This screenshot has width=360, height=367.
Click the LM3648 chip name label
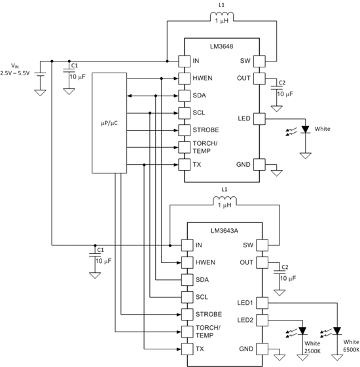coord(222,46)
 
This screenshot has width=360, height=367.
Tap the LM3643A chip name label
coord(225,231)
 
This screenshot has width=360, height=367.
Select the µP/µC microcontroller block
coord(109,123)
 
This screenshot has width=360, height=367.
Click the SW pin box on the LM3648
coord(259,61)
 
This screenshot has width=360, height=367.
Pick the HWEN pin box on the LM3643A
coord(187,262)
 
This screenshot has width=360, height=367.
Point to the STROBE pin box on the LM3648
coord(185,130)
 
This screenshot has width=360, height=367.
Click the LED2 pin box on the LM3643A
coord(262,320)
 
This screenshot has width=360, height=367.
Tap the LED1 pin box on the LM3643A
coord(262,303)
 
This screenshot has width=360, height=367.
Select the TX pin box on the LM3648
coord(185,165)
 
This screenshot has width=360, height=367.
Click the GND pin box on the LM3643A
coord(262,349)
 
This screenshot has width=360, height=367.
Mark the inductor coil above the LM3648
coord(222,16)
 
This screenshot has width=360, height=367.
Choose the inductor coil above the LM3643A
coord(225,201)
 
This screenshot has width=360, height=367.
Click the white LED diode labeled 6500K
coord(337,331)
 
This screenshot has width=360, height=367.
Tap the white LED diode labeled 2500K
coord(302,331)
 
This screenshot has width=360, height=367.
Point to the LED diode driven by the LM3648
coord(306,130)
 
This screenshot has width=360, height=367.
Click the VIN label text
coord(15,66)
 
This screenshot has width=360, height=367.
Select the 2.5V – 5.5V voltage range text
coord(15,73)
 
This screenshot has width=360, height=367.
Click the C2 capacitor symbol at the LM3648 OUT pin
coord(277,88)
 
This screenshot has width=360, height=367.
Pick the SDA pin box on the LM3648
coord(185,96)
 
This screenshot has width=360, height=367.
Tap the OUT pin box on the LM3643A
coord(262,262)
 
